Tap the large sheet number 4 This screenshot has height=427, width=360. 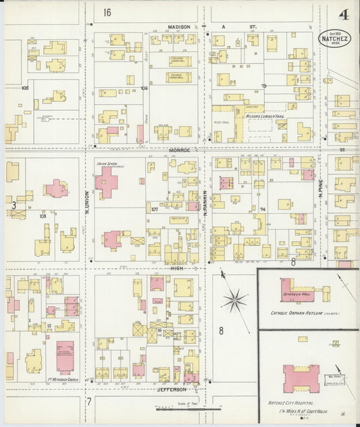(344, 14)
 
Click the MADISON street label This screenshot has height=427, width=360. (179, 27)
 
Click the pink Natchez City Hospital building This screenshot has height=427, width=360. (301, 377)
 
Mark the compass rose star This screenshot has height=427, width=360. (236, 299)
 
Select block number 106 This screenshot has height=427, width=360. (144, 88)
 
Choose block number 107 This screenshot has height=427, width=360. (154, 209)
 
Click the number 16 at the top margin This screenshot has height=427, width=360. (107, 12)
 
